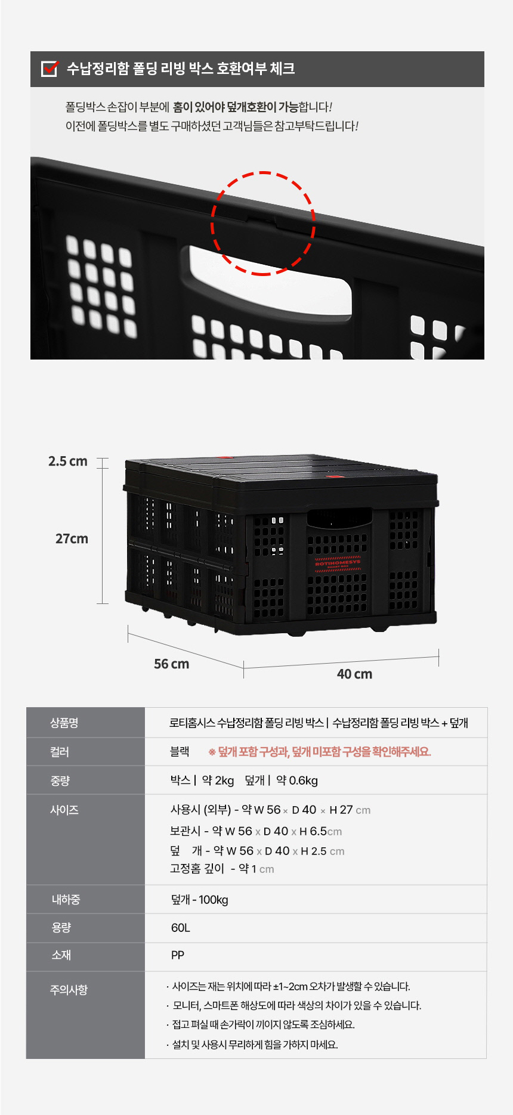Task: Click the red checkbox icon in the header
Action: click(50, 69)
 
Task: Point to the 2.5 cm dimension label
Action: click(68, 462)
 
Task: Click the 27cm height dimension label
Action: click(72, 539)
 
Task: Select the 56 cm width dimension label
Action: click(172, 664)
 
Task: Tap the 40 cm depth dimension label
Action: click(354, 674)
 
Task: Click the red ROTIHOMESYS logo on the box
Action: click(338, 563)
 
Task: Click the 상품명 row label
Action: click(64, 723)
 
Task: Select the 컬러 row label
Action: click(60, 752)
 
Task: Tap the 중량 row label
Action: click(60, 781)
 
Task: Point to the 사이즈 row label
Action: click(64, 810)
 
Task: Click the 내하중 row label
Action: click(66, 900)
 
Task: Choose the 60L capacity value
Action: click(180, 928)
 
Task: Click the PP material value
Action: click(178, 955)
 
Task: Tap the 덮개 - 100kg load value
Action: click(200, 900)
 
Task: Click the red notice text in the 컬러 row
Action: click(319, 752)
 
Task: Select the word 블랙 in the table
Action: click(180, 752)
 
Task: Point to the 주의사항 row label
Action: click(69, 990)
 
